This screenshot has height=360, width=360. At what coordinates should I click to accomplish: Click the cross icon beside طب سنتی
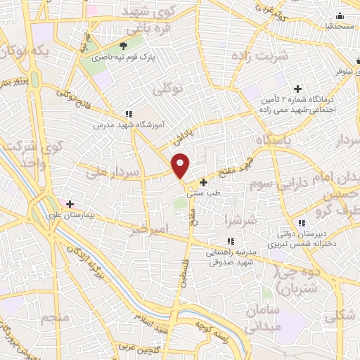click(204, 182)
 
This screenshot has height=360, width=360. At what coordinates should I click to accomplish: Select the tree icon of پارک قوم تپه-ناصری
click(127, 47)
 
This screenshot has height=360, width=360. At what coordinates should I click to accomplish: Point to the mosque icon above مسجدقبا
click(340, 15)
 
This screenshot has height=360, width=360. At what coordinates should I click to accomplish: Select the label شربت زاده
click(262, 56)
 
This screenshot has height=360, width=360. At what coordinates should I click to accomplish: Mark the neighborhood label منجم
click(54, 319)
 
